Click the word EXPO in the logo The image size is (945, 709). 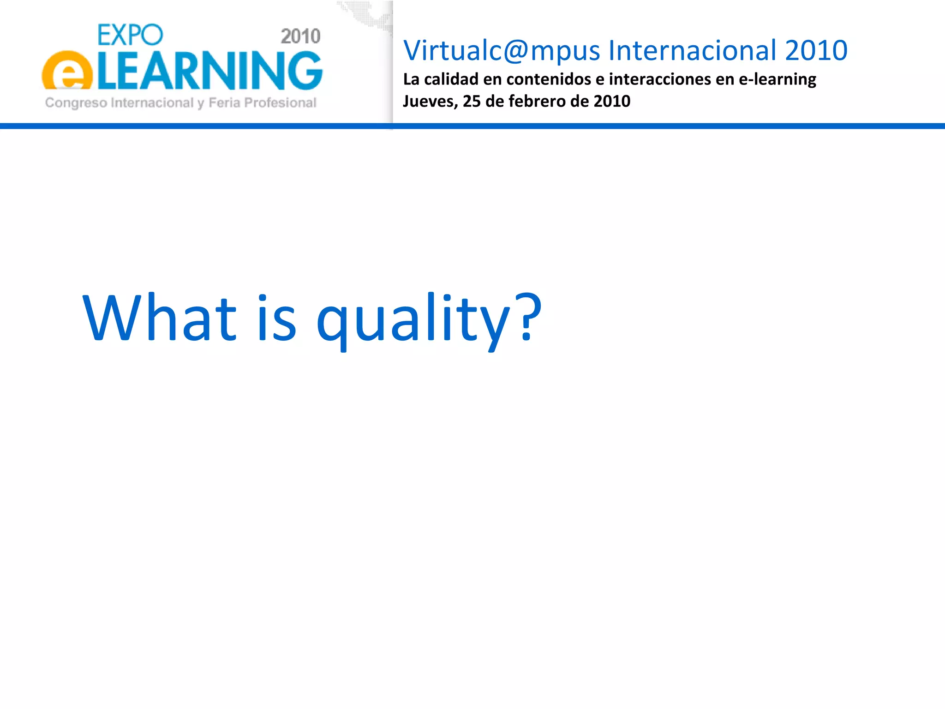point(130,35)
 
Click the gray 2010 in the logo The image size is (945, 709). point(300,36)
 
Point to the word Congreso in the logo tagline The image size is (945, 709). point(76,103)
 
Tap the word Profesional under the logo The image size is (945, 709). point(280,102)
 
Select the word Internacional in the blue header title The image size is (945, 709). point(693,50)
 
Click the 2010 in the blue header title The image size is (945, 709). point(816,50)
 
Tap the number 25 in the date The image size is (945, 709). point(472,101)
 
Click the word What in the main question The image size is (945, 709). point(160,318)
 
